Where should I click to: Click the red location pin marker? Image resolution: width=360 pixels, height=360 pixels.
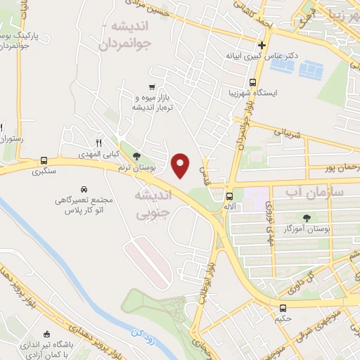[x=181, y=165]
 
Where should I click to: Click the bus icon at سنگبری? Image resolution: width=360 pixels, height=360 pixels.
[x=44, y=160]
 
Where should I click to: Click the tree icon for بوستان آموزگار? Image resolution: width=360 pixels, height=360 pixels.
[x=307, y=217]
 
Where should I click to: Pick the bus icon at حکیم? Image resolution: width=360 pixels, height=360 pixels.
[x=283, y=308]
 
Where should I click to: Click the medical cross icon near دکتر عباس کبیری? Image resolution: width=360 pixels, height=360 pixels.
[x=261, y=44]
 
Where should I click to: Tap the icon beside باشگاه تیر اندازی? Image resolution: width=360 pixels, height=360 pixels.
[x=46, y=335]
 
